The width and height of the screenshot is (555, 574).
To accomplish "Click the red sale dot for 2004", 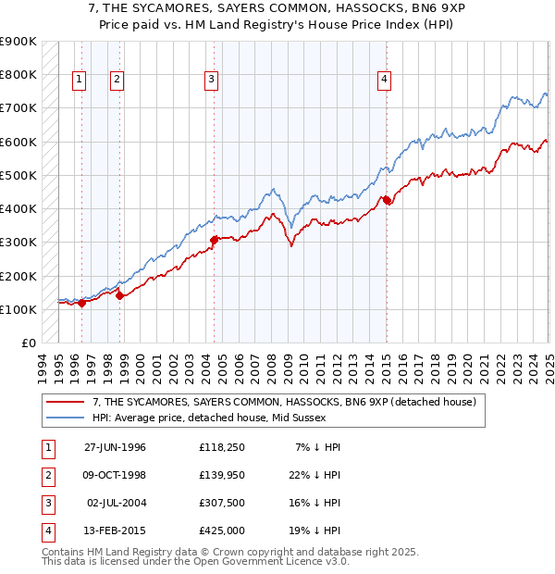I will click(214, 240).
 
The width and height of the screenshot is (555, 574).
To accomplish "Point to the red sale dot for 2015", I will click(387, 200).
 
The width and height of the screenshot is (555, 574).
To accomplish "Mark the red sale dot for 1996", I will click(82, 303).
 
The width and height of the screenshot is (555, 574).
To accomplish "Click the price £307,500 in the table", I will click(221, 504).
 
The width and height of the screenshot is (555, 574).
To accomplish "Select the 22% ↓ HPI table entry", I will click(312, 475).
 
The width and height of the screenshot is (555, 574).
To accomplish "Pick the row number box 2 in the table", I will click(47, 475).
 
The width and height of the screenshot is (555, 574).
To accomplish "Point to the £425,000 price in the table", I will click(221, 531).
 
